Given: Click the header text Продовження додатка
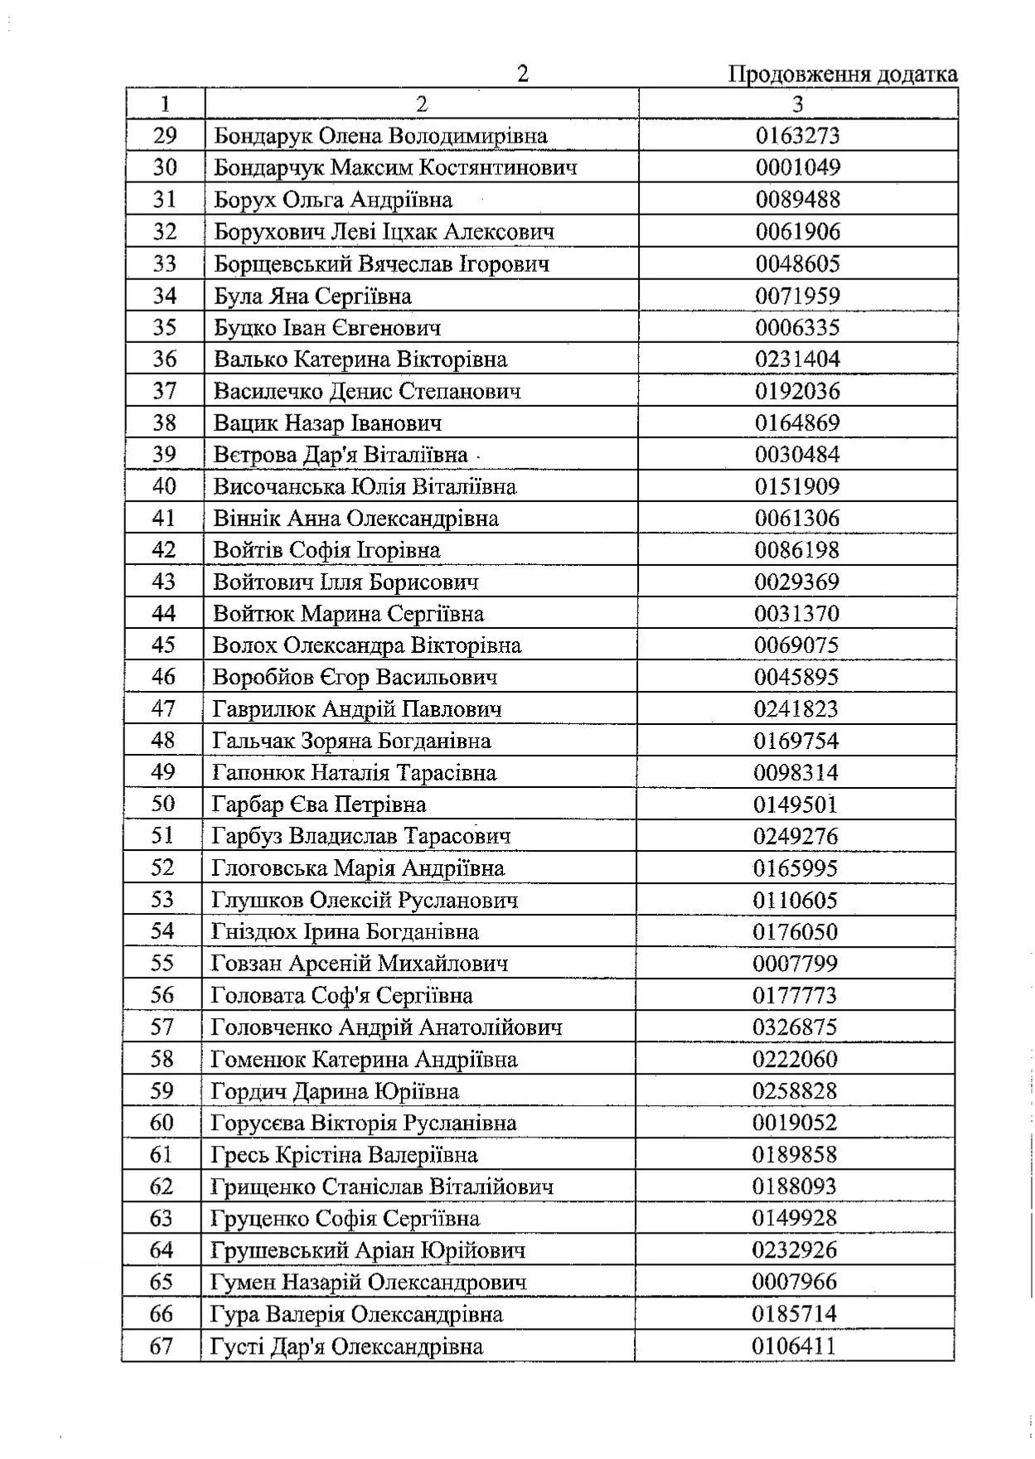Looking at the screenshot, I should coord(842,75).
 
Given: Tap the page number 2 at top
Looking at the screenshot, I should coord(522,75).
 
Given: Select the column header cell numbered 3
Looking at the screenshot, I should coord(797,104).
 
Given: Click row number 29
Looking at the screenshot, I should coord(165,136).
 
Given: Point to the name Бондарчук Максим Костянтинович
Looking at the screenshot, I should coord(395,168).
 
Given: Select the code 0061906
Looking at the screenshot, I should coord(797,232).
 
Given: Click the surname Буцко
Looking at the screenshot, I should coord(241,328).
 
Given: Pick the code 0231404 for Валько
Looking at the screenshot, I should coord(797,360).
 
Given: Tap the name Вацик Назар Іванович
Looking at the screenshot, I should coord(327,423).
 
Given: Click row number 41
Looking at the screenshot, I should coord(164,519).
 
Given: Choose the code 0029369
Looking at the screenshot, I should coord(796,582).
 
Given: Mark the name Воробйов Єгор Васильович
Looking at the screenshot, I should coord(355,678).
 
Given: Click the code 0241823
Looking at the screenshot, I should coord(796,709).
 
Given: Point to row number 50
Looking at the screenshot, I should coord(163,804).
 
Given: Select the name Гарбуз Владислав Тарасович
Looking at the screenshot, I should coord(361,837).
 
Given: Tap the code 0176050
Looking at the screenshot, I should coord(796,932).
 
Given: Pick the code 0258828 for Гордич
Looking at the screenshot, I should coord(795,1091).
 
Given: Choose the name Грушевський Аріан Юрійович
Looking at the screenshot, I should coord(368,1250).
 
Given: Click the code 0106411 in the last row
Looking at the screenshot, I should coord(794,1345).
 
